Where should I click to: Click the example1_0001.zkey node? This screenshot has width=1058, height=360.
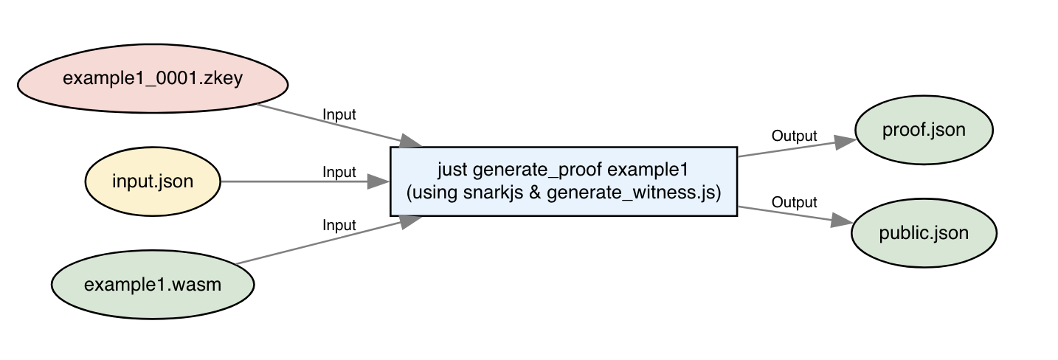pyautogui.click(x=153, y=79)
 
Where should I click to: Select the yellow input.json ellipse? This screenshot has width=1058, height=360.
pyautogui.click(x=153, y=181)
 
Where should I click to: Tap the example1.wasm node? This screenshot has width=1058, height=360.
pyautogui.click(x=153, y=284)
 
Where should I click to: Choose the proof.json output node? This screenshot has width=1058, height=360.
pyautogui.click(x=924, y=131)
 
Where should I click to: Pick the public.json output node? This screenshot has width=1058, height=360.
pyautogui.click(x=924, y=233)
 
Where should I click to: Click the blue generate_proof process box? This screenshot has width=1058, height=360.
pyautogui.click(x=563, y=181)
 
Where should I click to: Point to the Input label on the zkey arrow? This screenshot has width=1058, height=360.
pyautogui.click(x=339, y=115)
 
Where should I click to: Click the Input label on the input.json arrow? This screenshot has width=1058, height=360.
pyautogui.click(x=339, y=173)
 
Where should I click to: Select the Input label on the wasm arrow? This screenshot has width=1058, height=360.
pyautogui.click(x=339, y=226)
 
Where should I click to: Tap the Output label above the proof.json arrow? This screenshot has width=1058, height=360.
pyautogui.click(x=794, y=136)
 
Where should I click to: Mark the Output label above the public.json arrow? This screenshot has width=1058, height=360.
pyautogui.click(x=794, y=202)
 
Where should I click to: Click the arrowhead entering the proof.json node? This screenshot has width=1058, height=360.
pyautogui.click(x=846, y=142)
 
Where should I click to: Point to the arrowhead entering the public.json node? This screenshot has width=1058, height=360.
pyautogui.click(x=843, y=221)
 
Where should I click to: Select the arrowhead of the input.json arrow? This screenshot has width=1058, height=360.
pyautogui.click(x=378, y=181)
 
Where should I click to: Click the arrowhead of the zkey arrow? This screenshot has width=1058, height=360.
pyautogui.click(x=410, y=142)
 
